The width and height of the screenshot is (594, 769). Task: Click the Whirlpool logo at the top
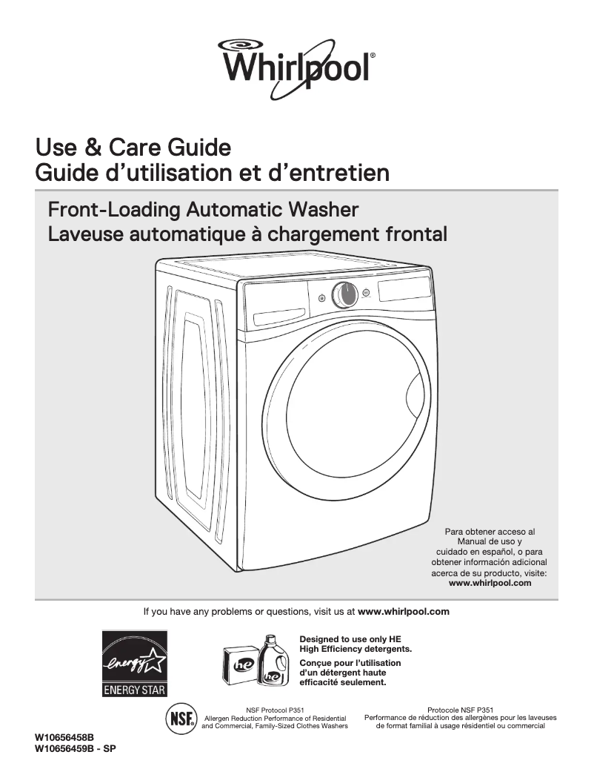[x=296, y=63]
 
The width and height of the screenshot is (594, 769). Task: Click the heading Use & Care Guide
[x=133, y=147]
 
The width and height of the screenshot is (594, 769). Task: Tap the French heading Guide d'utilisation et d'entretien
[x=213, y=173]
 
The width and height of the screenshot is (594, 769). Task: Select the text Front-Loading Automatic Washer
[x=202, y=209]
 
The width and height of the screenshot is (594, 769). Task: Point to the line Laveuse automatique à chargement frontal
[x=247, y=234]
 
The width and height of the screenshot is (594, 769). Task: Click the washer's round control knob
[x=344, y=295]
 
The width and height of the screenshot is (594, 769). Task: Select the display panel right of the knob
[x=404, y=290]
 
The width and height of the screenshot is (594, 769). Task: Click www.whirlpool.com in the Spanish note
[x=490, y=583]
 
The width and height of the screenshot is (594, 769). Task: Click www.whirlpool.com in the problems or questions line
[x=404, y=612]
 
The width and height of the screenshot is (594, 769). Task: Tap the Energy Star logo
[x=134, y=663]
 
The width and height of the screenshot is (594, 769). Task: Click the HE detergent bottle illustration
[x=273, y=661]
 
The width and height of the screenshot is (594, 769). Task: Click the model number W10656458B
[x=64, y=739]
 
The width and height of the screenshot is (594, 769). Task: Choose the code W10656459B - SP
[x=76, y=749]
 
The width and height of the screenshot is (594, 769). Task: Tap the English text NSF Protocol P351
[x=275, y=710]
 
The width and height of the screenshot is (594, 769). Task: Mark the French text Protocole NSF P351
[x=461, y=710]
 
